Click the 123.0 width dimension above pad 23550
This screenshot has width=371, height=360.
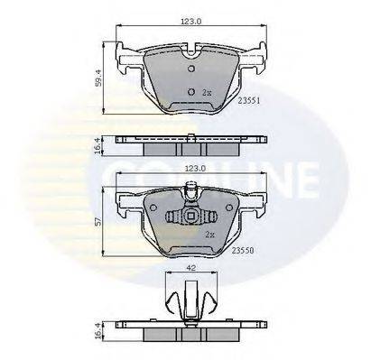click(188, 168)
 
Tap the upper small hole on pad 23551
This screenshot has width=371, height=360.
click(190, 67)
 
